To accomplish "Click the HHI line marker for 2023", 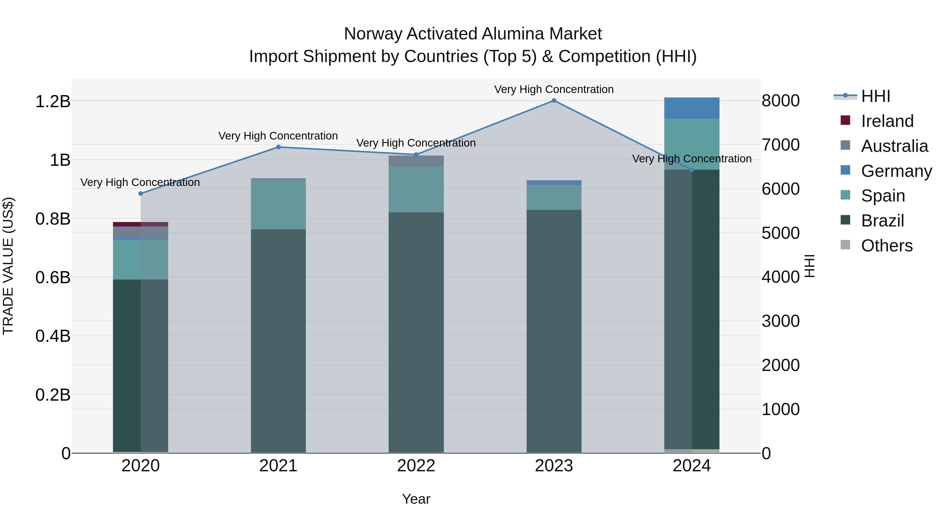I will pyautogui.click(x=554, y=101).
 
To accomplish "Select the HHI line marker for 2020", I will pyautogui.click(x=141, y=193).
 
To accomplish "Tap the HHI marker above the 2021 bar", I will pyautogui.click(x=278, y=147).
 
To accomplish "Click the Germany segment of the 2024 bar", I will pyautogui.click(x=692, y=108).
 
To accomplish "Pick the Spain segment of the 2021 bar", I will pyautogui.click(x=278, y=204).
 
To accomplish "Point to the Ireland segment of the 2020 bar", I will pyautogui.click(x=141, y=224).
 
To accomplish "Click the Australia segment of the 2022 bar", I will pyautogui.click(x=416, y=161).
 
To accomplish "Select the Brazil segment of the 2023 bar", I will pyautogui.click(x=554, y=330).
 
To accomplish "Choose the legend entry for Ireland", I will pyautogui.click(x=887, y=121).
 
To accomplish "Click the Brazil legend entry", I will pyautogui.click(x=882, y=221).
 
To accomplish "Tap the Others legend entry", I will pyautogui.click(x=887, y=246).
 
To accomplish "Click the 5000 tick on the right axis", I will pyautogui.click(x=780, y=233).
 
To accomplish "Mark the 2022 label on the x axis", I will pyautogui.click(x=416, y=466).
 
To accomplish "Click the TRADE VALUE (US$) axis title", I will pyautogui.click(x=8, y=266).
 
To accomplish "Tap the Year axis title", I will pyautogui.click(x=416, y=499).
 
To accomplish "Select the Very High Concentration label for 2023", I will pyautogui.click(x=554, y=89).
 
